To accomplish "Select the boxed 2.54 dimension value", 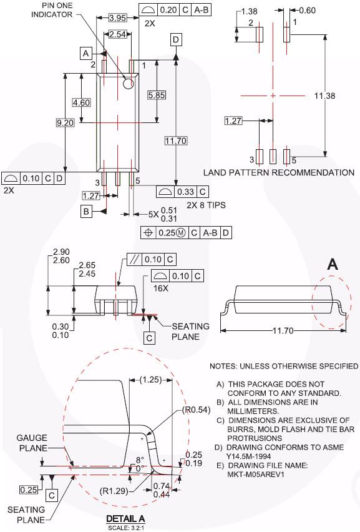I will (117, 34).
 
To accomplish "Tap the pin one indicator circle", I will (129, 83).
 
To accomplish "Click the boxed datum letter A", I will (86, 54).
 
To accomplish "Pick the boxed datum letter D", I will (176, 40).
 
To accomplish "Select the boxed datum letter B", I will (86, 212).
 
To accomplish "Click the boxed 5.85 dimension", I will (156, 95).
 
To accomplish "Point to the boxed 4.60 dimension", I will (81, 102).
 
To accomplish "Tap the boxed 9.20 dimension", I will (65, 123).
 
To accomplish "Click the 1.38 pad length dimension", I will (249, 11).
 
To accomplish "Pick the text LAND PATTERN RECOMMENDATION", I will (279, 172).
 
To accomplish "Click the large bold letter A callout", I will (333, 265).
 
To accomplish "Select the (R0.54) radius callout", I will (195, 411).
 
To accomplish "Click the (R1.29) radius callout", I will (130, 491).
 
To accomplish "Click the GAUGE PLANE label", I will (31, 443).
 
